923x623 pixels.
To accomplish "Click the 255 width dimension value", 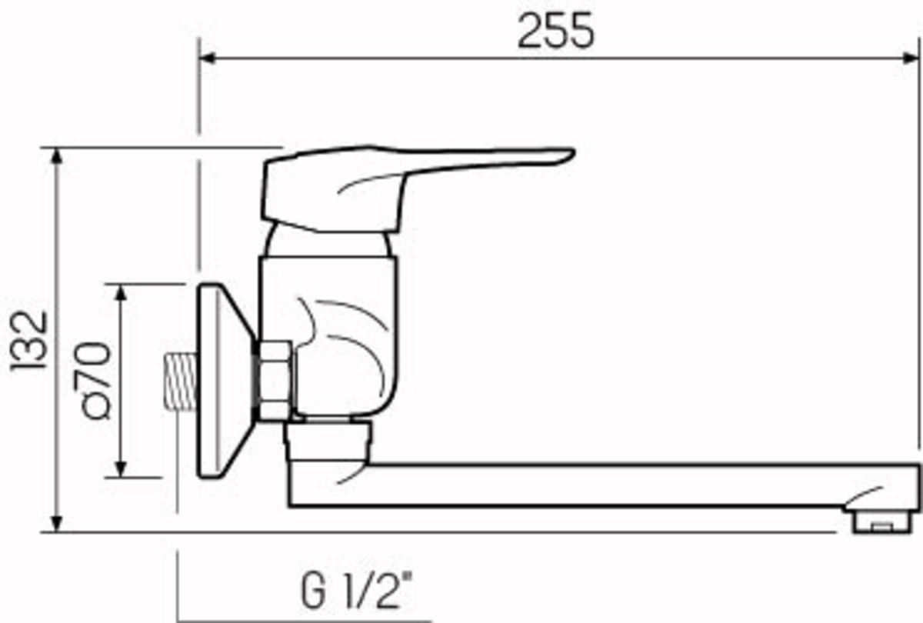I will pos(555,32).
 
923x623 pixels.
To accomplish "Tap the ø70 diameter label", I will pos(95,380).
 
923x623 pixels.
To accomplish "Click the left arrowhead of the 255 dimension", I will pos(206,58).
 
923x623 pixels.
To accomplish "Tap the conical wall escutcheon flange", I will pos(223,381).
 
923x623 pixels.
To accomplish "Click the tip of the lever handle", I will pos(565,155).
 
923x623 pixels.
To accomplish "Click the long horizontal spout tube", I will pos(600,485).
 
